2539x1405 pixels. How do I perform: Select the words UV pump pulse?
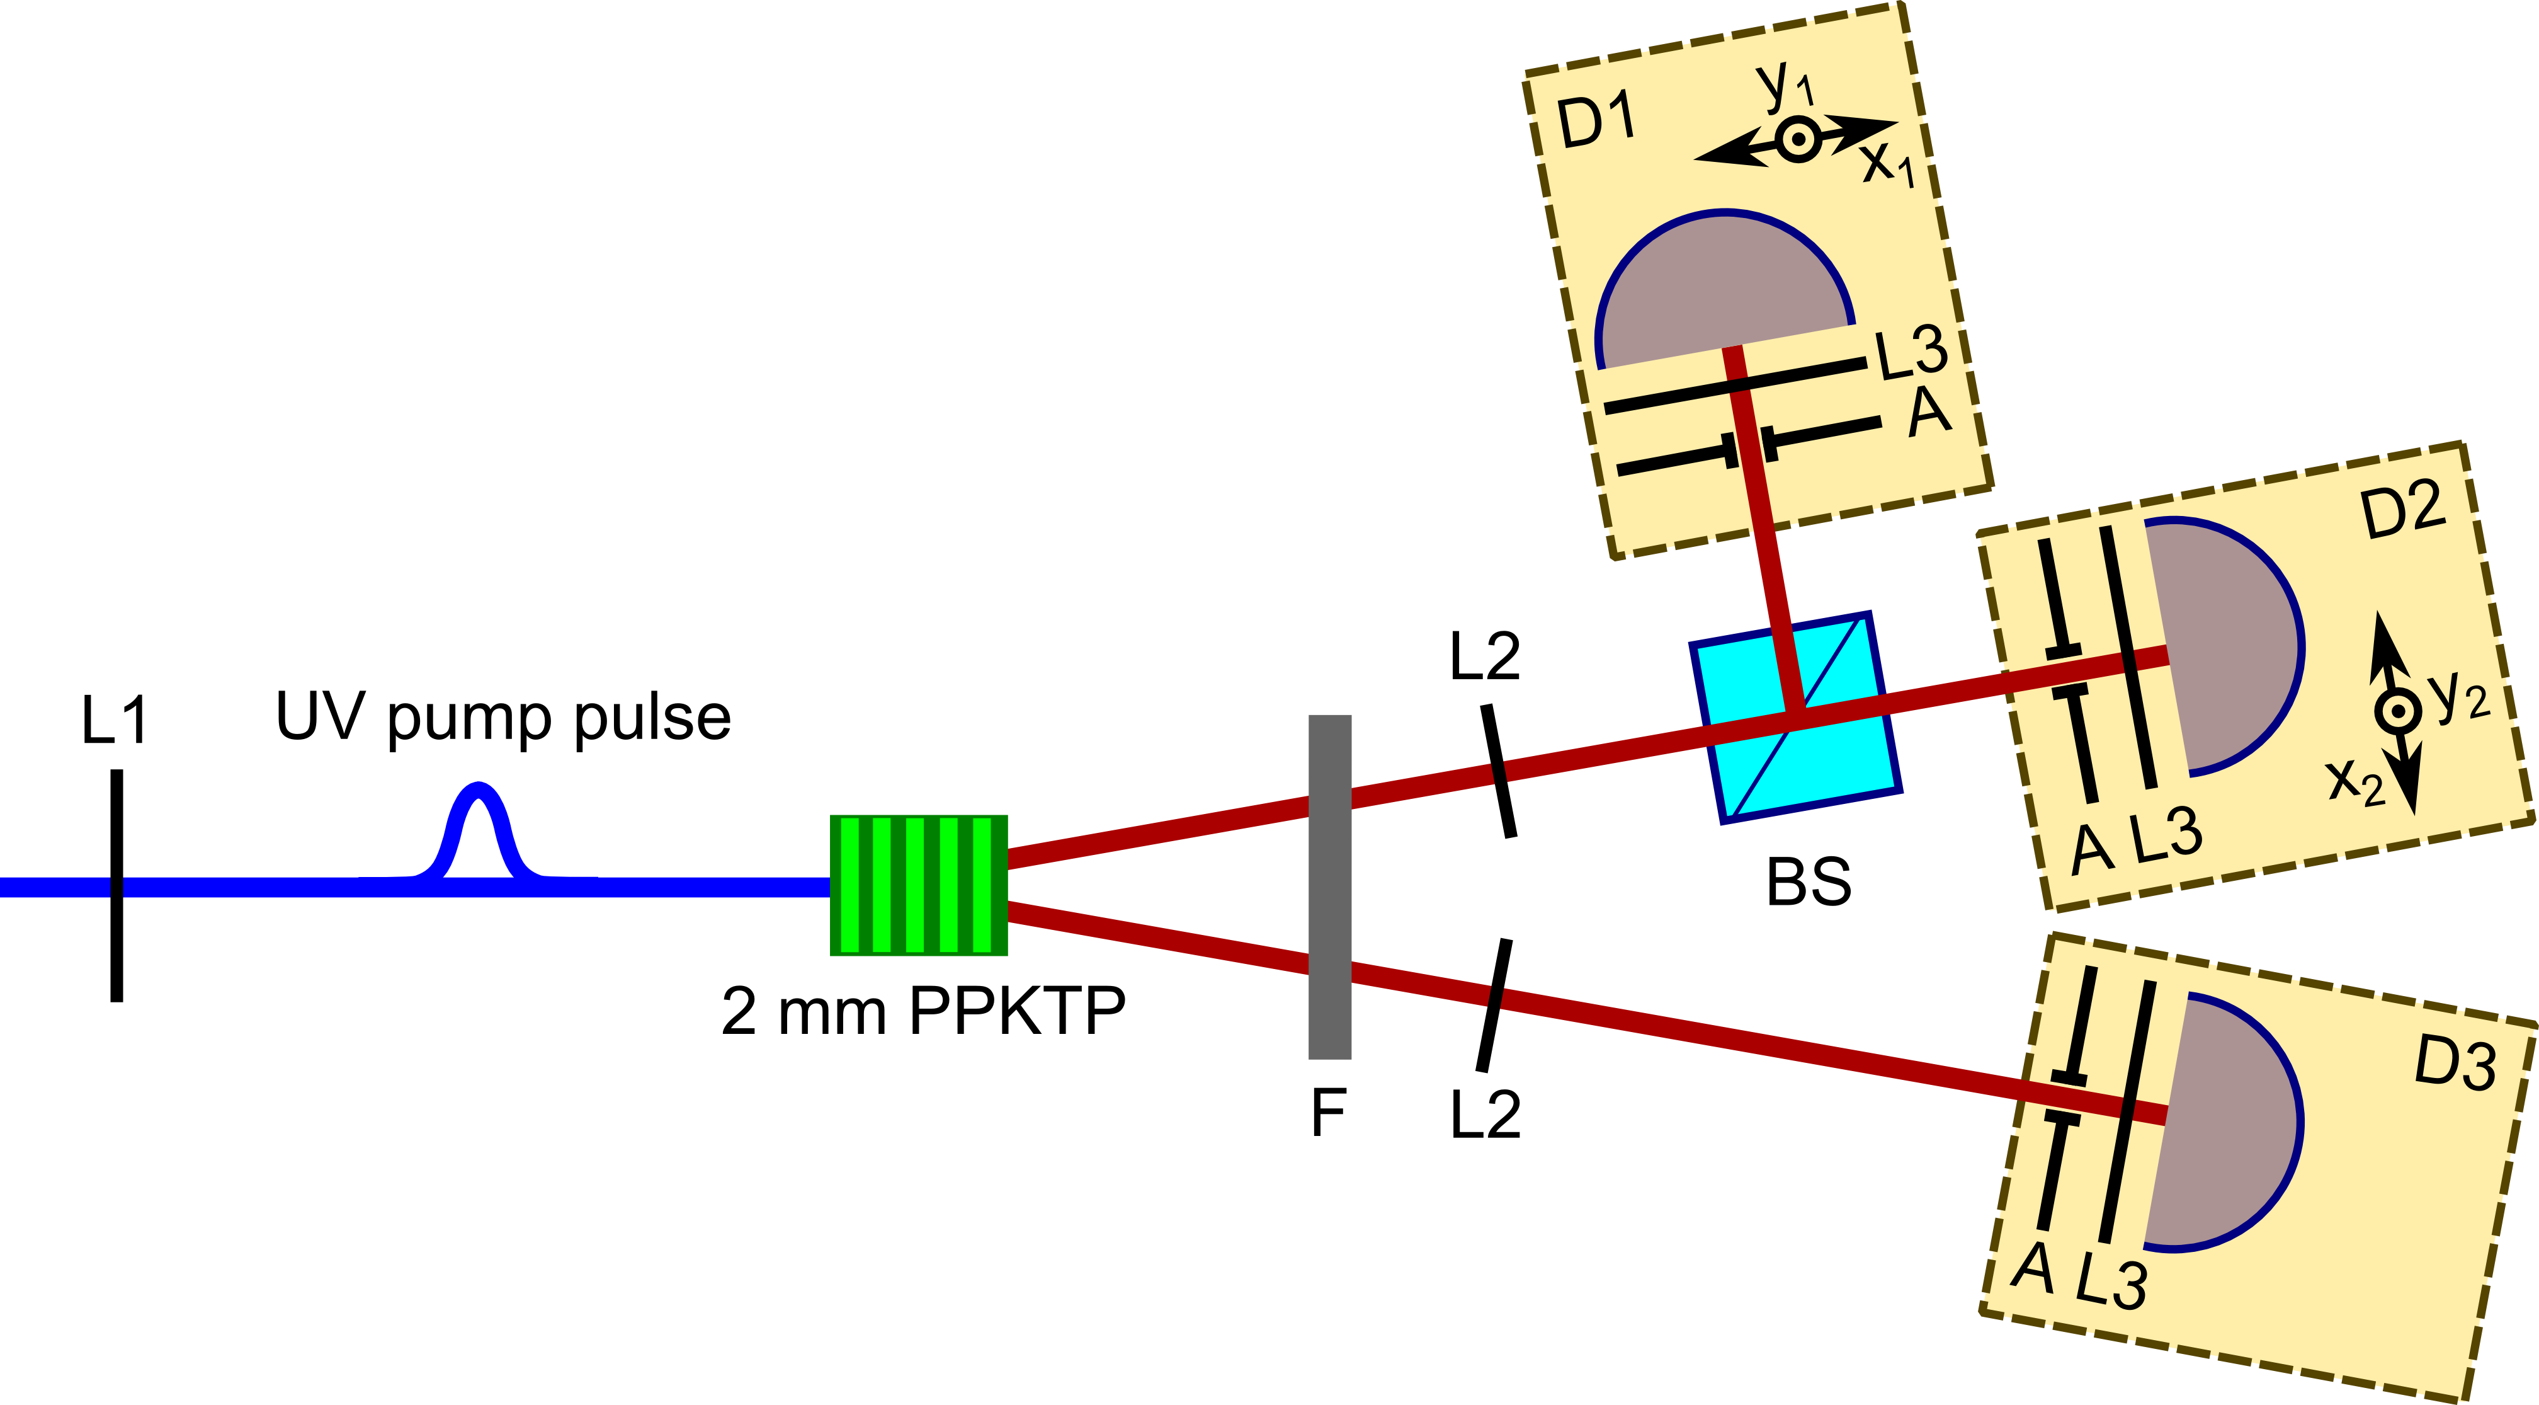[x=503, y=717]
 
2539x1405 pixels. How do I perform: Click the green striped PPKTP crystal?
[x=919, y=885]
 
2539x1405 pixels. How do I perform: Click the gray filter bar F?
[x=1329, y=887]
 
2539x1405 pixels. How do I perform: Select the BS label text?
[x=1809, y=883]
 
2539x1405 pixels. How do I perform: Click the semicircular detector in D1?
[x=1725, y=286]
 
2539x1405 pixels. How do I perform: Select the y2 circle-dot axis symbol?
[x=2397, y=711]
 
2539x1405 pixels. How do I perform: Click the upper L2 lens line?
[x=1498, y=770]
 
